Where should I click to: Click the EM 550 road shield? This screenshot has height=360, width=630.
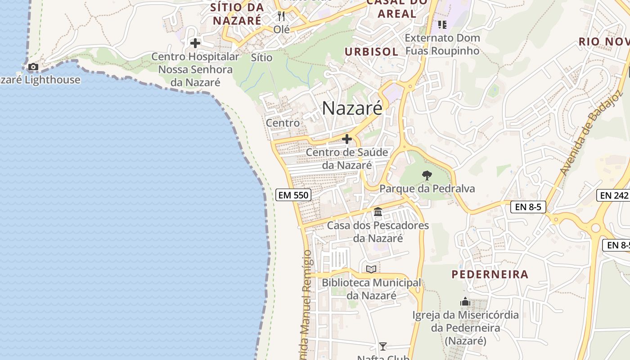click(293, 195)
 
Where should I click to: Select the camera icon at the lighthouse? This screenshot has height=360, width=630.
click(33, 67)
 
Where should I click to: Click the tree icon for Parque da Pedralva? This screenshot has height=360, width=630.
click(427, 175)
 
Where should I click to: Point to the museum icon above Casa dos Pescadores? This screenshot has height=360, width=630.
click(378, 211)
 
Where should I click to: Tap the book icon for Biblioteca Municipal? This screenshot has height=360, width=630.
click(371, 269)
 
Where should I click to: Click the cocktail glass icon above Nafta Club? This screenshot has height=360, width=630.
click(382, 346)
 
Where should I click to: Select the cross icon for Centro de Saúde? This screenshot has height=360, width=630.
click(347, 139)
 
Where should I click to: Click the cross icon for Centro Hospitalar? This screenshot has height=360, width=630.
click(195, 43)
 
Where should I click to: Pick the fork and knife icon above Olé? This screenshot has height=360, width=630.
click(282, 16)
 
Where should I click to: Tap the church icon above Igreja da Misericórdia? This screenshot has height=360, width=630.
click(465, 301)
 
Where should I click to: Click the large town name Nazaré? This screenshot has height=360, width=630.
click(352, 108)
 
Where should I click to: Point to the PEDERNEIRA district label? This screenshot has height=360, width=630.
click(490, 274)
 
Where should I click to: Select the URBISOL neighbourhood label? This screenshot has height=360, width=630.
click(372, 51)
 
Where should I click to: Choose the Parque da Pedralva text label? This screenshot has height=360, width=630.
click(427, 188)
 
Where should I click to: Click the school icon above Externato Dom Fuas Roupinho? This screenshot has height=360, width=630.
click(442, 24)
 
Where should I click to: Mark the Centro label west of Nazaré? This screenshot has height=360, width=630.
click(283, 122)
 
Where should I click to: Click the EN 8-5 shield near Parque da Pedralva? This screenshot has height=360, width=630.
click(528, 207)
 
